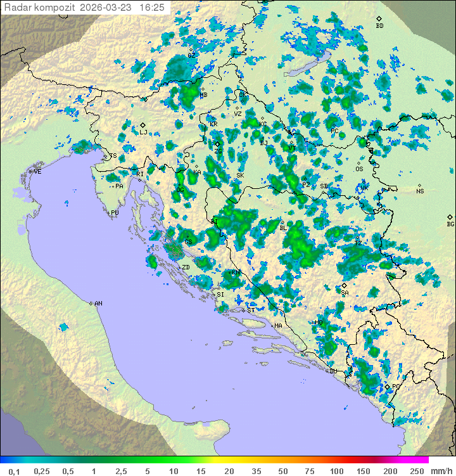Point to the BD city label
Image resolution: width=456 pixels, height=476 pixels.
click(379, 26)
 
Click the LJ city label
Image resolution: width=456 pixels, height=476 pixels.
click(143, 132)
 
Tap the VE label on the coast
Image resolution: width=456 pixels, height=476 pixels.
click(37, 172)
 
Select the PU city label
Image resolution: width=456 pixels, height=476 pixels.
click(115, 213)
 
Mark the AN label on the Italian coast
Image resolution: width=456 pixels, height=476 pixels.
click(98, 304)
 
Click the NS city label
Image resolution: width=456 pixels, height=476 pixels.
click(420, 191)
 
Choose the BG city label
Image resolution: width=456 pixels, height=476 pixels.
click(450, 224)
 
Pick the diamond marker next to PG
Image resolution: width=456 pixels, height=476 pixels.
click(388, 387)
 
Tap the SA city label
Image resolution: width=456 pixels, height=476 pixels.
click(345, 293)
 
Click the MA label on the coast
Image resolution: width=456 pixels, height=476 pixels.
click(278, 326)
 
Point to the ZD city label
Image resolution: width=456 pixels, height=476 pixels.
click(186, 267)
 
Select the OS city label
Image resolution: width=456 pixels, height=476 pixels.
click(359, 169)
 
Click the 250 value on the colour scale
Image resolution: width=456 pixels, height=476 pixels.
click(416, 471)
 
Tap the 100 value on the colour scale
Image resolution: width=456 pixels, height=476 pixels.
click(336, 471)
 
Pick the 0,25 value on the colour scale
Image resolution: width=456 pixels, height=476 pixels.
click(42, 471)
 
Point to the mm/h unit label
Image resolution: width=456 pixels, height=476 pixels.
click(441, 471)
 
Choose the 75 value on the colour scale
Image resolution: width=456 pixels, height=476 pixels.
click(309, 471)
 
